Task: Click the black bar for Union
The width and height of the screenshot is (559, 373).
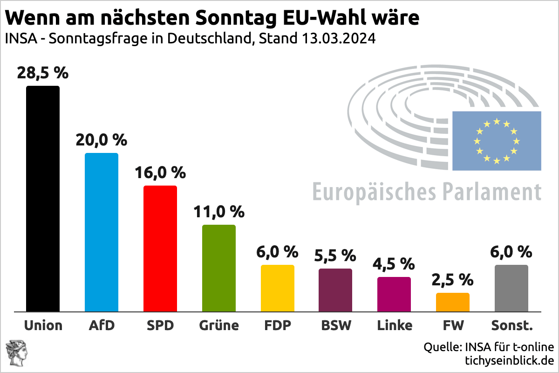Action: [43, 198]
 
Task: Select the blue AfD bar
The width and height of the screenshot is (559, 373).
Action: [101, 232]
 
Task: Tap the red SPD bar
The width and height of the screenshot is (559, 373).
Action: [160, 248]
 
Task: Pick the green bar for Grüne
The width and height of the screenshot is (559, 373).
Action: [218, 268]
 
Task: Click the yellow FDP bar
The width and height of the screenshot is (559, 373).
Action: [277, 288]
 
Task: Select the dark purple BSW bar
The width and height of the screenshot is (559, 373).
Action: [335, 290]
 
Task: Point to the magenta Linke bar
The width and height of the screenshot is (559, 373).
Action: [394, 294]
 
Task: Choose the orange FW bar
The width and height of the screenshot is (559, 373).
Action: [452, 302]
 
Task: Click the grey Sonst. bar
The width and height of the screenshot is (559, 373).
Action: [511, 288]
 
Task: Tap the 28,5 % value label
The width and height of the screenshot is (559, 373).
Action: [43, 73]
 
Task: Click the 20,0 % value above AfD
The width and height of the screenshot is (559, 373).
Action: [102, 140]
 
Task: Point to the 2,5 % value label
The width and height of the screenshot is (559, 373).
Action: [452, 280]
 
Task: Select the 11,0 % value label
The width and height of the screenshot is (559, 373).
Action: [218, 212]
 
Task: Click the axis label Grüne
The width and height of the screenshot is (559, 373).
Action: [218, 325]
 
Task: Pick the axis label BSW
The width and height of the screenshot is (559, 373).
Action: [335, 325]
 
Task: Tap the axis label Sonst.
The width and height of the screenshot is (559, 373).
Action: [511, 325]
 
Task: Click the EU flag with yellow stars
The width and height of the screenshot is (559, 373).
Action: [497, 141]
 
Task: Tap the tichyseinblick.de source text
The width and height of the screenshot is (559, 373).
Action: [509, 360]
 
